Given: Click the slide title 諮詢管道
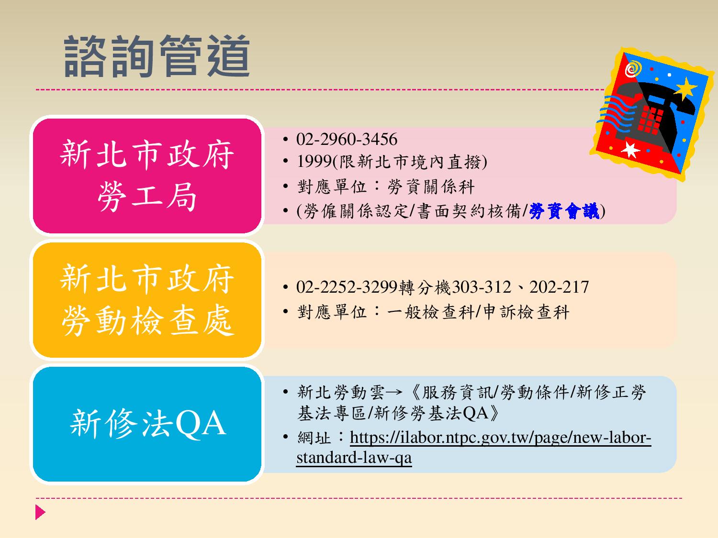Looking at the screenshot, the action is (157, 56).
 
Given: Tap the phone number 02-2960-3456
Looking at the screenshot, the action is (347, 139).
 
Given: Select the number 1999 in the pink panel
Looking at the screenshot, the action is (314, 161).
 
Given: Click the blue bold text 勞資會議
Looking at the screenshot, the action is (564, 211).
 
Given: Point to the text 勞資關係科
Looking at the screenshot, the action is (431, 187).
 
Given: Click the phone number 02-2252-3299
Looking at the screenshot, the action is (347, 287).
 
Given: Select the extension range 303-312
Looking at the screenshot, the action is (481, 287).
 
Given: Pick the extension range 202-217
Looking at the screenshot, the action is (559, 287).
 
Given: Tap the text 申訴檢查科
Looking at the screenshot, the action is (526, 312).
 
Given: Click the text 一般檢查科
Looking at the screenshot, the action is (431, 312).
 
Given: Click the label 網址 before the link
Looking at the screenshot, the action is (314, 438).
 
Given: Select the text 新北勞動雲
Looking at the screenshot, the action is (340, 392).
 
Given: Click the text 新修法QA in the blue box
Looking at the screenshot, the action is (148, 424).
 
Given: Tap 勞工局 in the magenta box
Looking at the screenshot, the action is (147, 197).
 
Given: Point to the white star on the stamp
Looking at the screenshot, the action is (630, 150).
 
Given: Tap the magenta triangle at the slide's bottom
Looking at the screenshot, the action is (40, 512).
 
